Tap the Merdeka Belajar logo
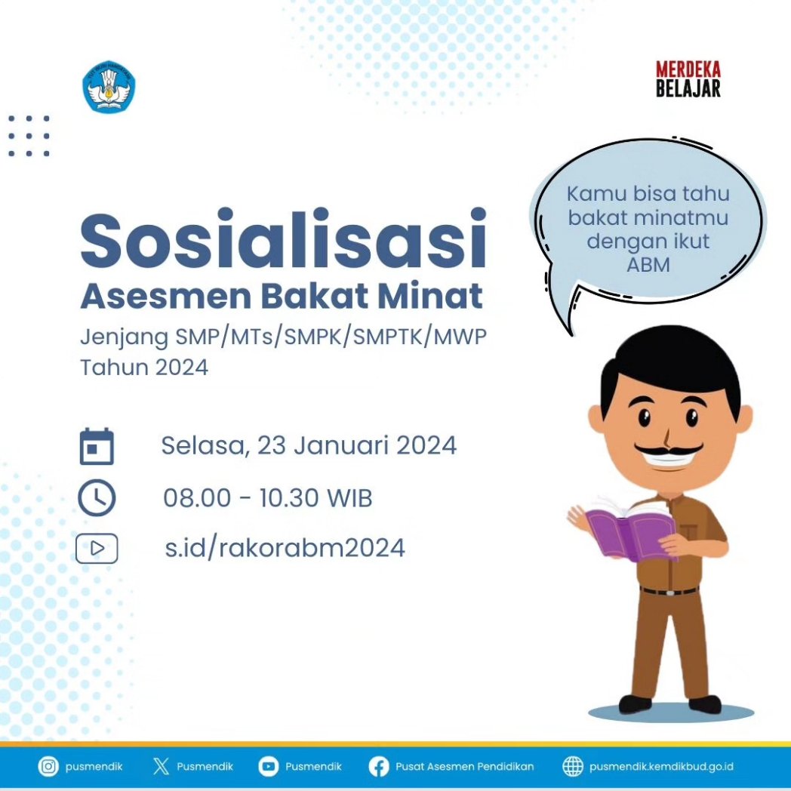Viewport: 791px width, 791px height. (688, 79)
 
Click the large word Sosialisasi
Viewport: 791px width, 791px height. (282, 239)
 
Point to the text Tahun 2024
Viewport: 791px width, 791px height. (144, 368)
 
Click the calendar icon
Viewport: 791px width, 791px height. (97, 446)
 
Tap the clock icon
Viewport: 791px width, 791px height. (97, 498)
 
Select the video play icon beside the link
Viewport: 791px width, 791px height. (97, 548)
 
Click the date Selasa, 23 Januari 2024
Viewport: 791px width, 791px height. (309, 445)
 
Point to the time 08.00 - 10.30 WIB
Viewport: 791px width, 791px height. (268, 498)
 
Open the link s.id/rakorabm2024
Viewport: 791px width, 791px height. (285, 547)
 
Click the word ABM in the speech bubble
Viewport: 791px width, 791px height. (648, 264)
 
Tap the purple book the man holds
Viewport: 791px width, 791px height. (628, 531)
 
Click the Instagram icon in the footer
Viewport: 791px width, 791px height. (48, 767)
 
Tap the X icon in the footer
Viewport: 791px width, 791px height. (161, 767)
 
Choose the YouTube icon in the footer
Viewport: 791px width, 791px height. (268, 767)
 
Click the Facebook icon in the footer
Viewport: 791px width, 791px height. (379, 767)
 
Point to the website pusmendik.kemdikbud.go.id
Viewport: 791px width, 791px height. (661, 767)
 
